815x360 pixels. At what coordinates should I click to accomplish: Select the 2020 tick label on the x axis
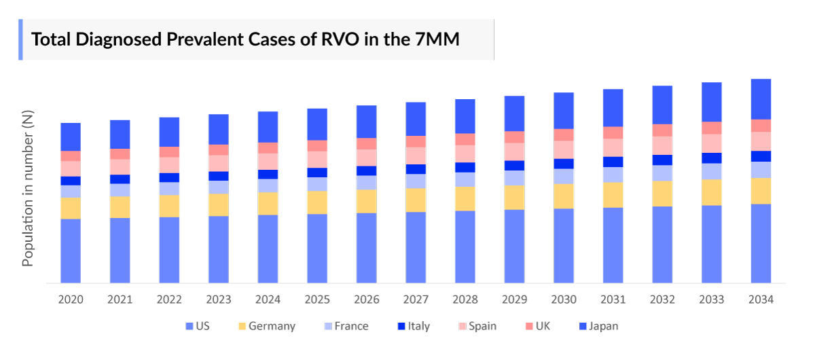[x=71, y=300]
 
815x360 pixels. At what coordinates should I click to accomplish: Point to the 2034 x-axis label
[x=761, y=300]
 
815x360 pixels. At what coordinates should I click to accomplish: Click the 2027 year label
[x=416, y=300]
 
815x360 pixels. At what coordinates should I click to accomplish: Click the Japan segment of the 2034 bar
[x=761, y=99]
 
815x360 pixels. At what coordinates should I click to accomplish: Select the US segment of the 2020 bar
[x=71, y=250]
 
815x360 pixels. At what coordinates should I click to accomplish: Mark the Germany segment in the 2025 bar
[x=317, y=202]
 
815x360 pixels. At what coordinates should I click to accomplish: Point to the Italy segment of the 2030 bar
[x=564, y=164]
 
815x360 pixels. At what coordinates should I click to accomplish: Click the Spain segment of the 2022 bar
[x=169, y=165]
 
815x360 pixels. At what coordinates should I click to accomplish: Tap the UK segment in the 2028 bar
[x=465, y=139]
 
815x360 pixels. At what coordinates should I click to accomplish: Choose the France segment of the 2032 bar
[x=662, y=173]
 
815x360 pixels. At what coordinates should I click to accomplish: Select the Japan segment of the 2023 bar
[x=219, y=129]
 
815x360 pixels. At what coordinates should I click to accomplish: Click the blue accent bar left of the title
[x=20, y=39]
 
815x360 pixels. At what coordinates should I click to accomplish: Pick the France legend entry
[x=344, y=326]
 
